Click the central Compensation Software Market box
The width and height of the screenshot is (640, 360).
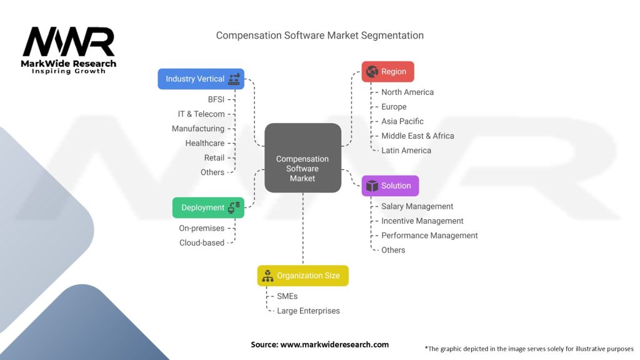click(x=303, y=158)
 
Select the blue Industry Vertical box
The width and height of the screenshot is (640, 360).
click(x=201, y=79)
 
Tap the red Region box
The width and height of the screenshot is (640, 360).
click(x=387, y=71)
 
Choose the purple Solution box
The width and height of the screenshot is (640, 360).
click(x=390, y=186)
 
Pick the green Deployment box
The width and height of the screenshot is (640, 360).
click(x=208, y=207)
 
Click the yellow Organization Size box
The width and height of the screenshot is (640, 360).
click(x=303, y=276)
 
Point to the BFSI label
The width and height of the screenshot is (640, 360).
click(x=216, y=99)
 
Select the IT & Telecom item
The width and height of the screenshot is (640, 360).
click(x=201, y=114)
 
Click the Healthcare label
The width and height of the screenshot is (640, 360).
click(x=205, y=143)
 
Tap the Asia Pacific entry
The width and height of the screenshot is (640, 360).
click(x=402, y=121)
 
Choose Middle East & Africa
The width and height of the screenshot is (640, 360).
click(x=417, y=136)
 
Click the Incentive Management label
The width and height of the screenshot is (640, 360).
click(x=422, y=221)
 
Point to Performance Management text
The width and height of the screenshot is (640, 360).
click(x=429, y=236)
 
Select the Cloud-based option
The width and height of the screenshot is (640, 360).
click(x=202, y=243)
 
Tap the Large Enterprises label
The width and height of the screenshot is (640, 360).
click(x=308, y=311)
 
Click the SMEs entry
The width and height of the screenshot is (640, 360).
click(x=287, y=296)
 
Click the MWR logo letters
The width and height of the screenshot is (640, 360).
click(x=69, y=41)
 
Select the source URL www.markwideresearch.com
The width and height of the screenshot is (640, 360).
click(x=334, y=344)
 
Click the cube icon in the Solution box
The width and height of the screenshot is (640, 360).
click(x=372, y=186)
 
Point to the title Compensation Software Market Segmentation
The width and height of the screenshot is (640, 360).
click(x=319, y=36)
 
